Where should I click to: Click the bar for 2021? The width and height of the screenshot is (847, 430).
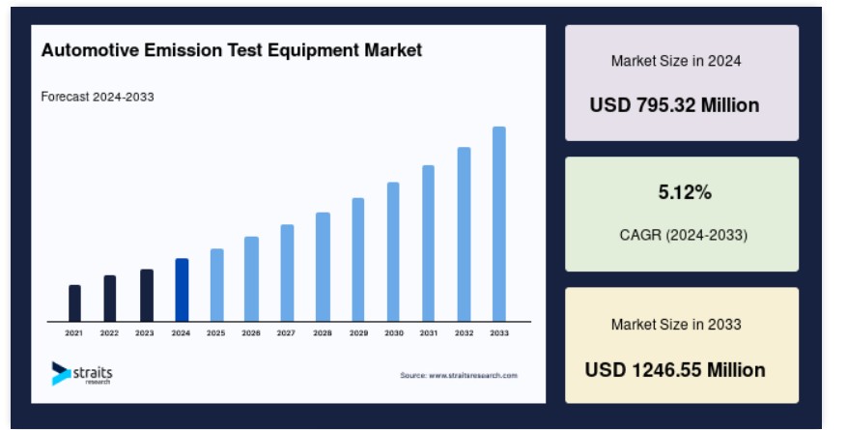click(74, 303)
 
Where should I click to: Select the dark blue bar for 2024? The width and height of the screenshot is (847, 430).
click(182, 290)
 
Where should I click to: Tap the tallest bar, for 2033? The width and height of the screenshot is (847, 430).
click(499, 224)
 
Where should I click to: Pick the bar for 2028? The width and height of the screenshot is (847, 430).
click(323, 267)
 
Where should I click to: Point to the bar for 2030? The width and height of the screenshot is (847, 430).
click(393, 252)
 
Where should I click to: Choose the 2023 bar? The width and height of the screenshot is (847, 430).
click(147, 296)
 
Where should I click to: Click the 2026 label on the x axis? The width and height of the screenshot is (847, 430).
click(251, 333)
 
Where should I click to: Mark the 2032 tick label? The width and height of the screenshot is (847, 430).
click(464, 333)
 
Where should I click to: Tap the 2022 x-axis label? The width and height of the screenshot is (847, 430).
click(109, 333)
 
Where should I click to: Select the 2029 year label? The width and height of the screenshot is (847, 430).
click(358, 333)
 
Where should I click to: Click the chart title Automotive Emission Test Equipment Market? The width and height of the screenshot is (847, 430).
click(232, 50)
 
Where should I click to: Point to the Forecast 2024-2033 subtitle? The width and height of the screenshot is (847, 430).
click(98, 97)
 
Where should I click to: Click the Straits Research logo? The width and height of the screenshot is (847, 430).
click(82, 373)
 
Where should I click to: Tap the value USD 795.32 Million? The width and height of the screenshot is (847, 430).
click(674, 104)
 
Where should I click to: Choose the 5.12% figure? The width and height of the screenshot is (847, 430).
click(685, 192)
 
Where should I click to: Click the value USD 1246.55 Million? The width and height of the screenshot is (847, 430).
click(675, 370)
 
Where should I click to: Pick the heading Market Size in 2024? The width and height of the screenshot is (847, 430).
click(676, 61)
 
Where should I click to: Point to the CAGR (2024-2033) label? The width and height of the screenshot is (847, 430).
click(684, 235)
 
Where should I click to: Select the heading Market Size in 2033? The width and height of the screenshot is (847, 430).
click(676, 324)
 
